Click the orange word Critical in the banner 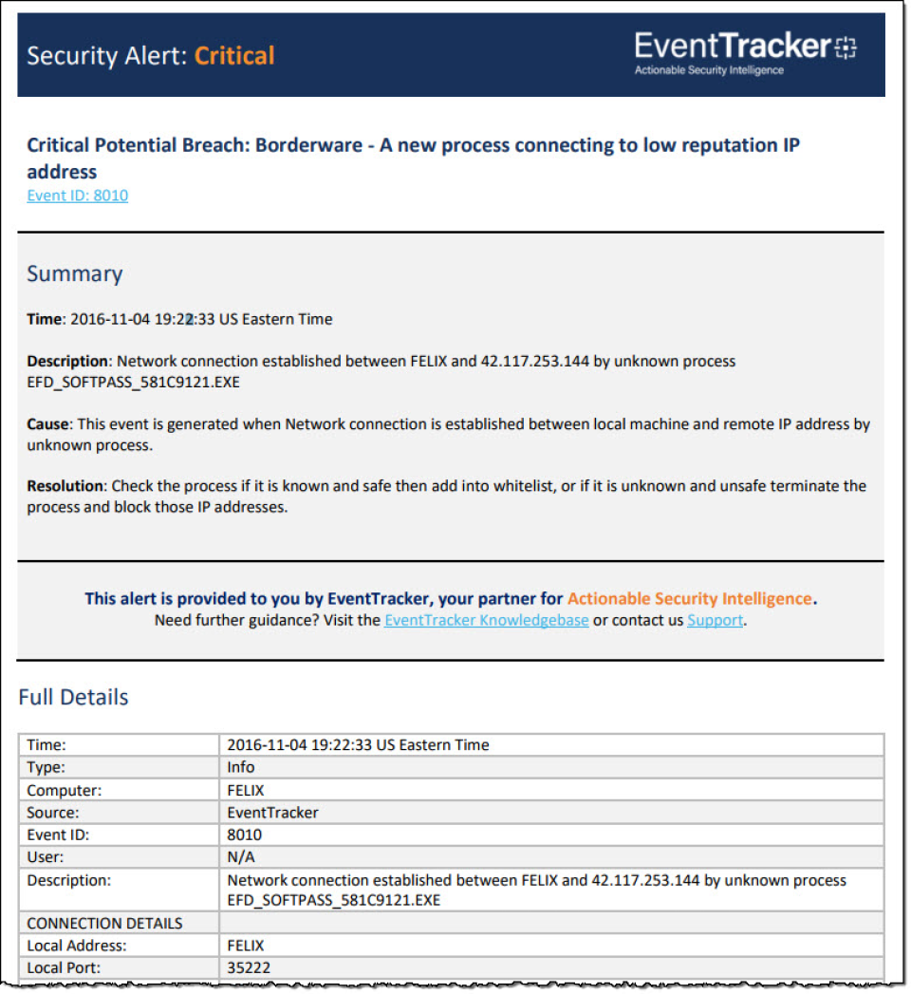pos(234,56)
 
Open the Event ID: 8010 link pos(77,196)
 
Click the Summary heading pos(74,274)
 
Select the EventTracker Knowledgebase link pos(486,621)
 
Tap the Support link pos(715,621)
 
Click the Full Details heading pos(73,698)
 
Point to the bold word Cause pos(47,424)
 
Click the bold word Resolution pos(65,486)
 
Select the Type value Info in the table pos(241,767)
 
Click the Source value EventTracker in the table pos(272,813)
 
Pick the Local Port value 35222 pos(250,968)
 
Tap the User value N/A pos(241,857)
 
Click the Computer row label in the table pos(65,790)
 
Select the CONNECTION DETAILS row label pos(104,923)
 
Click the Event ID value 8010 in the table pos(244,835)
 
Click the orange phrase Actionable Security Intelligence pos(690,599)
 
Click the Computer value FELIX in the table pos(246,790)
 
